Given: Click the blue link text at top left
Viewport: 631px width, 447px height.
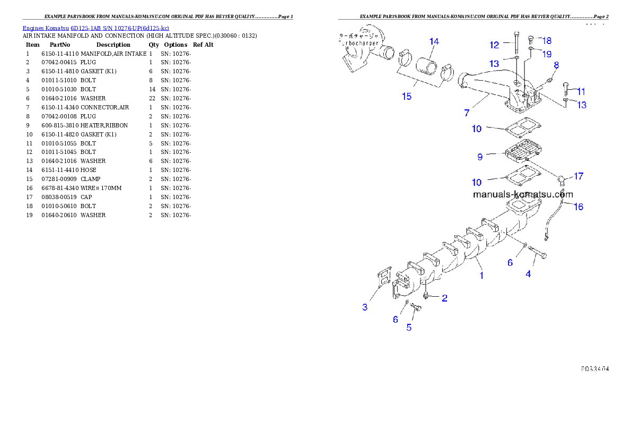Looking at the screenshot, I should pos(95,28).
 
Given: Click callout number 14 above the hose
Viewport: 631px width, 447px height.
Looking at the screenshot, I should pos(434,41).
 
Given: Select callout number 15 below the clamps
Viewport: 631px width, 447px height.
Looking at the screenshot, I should pos(407,97).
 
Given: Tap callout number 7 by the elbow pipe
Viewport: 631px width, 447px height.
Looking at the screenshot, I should pos(467,113).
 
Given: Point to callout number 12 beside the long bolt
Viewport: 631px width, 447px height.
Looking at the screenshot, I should pos(494,45).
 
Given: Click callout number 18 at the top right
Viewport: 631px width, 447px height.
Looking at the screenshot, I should pos(547,40).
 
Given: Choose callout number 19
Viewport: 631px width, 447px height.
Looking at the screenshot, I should pos(547,54).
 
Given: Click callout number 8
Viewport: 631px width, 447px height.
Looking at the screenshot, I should pos(556,65).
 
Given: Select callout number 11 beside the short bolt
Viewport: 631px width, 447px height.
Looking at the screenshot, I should pos(581,91).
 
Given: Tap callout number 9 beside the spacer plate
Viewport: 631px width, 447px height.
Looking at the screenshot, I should pos(480,157).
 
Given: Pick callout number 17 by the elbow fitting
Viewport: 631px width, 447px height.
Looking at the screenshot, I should pos(579,176).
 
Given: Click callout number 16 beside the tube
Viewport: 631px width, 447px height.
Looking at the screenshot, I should pos(579,207).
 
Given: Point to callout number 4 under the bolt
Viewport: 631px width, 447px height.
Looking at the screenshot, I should pos(528,274).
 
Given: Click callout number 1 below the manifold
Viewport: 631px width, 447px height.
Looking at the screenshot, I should pos(481,276).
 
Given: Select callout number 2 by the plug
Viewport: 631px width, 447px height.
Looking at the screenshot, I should pos(444,298).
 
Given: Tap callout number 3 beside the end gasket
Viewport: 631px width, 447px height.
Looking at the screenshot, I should pos(365,307).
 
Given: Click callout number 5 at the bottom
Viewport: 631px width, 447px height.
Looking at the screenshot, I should pos(409,328).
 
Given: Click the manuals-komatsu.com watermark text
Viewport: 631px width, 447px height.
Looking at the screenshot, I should pos(522,194).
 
